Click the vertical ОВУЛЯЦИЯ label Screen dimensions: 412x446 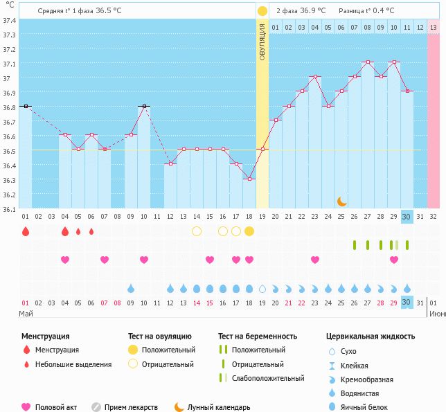262,42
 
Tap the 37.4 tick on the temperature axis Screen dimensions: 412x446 10,21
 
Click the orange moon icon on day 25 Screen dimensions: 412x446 341,201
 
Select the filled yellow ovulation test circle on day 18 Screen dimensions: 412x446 249,231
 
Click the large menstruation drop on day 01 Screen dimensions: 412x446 26,231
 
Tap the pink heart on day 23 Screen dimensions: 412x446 315,260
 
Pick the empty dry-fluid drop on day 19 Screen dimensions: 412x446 262,289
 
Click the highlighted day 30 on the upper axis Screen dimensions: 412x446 407,216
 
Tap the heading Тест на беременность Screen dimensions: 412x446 258,336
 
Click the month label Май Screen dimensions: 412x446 26,314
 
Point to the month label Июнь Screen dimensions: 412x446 436,314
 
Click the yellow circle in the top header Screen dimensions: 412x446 262,10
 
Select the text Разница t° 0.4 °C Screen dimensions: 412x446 366,10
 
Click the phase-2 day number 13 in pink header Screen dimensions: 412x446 434,27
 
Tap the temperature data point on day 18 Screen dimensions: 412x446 249,179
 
